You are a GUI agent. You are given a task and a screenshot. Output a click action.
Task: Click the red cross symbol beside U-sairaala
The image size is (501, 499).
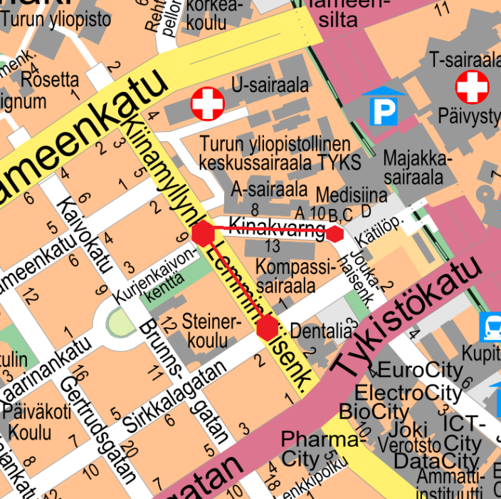tap(208, 105)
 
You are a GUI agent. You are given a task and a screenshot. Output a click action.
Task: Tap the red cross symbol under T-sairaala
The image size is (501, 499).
tap(473, 87)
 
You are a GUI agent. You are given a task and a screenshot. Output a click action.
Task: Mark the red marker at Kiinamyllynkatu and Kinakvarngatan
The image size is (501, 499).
tap(203, 233)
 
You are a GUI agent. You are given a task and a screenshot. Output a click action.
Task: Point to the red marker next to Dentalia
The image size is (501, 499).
tap(268, 328)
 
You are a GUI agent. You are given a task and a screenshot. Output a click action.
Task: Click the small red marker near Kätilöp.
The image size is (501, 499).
tap(335, 233)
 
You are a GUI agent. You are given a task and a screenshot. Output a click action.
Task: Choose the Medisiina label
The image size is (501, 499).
tap(351, 195)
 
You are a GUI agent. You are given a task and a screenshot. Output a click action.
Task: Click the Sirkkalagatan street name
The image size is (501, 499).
tap(174, 396)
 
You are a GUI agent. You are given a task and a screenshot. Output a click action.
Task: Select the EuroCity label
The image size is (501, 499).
tap(410, 371)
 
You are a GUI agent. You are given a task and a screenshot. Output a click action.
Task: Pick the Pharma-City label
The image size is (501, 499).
tap(309, 448)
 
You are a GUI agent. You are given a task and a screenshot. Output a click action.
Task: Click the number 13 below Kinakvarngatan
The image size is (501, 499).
tap(272, 247)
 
